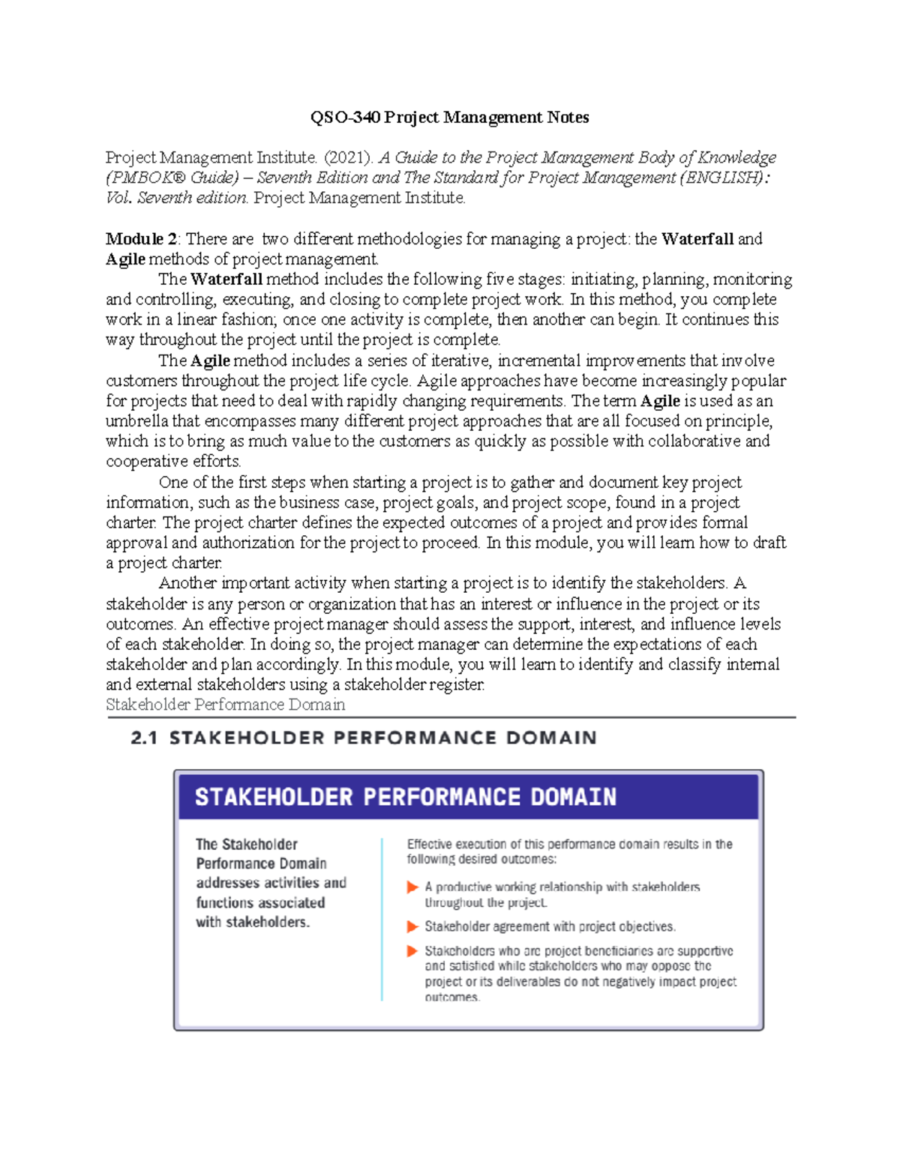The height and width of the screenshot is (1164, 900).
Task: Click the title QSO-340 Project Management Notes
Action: [449, 118]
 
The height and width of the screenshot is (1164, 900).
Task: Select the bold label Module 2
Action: [141, 239]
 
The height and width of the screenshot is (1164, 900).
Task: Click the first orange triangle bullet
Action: [412, 887]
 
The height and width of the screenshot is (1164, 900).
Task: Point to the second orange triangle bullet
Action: [412, 927]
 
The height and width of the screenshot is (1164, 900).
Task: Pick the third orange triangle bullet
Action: [412, 951]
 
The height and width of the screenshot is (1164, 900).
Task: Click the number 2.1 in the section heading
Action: [144, 738]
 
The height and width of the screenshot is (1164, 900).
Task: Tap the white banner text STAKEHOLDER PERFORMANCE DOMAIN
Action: [406, 797]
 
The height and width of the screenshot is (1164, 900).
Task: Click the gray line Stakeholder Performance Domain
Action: [225, 705]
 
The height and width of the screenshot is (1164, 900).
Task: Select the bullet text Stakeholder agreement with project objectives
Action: [550, 927]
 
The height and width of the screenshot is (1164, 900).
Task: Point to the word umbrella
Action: [137, 421]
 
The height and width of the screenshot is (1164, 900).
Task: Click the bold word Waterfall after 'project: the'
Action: [697, 239]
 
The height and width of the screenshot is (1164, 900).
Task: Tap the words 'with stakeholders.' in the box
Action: [253, 923]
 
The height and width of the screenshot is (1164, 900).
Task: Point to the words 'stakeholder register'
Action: [414, 685]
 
